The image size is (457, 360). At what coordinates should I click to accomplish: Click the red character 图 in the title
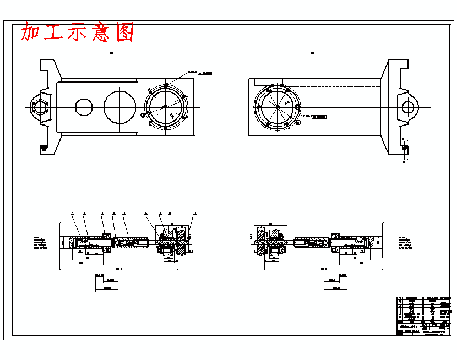[x=125, y=32]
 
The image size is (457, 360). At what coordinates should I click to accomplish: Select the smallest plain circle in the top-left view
[x=84, y=106]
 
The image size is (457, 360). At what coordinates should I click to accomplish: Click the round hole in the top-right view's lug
[x=409, y=106]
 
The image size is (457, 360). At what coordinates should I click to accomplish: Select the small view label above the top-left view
[x=112, y=53]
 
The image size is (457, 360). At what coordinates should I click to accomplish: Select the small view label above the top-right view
[x=313, y=53]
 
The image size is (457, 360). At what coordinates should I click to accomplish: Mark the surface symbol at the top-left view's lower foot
[x=43, y=148]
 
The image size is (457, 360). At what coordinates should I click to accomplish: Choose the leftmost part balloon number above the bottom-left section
[x=73, y=213]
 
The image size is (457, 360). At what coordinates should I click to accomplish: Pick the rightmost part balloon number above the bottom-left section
[x=195, y=213]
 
